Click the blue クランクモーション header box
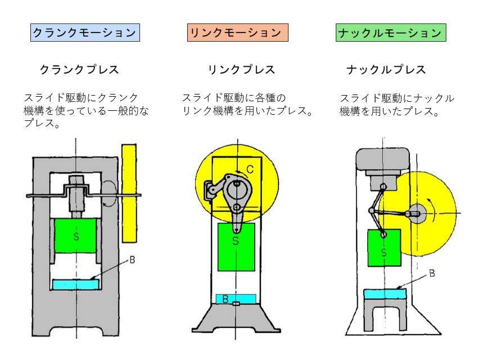point(84,33)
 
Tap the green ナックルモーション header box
point(391,33)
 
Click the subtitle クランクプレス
point(79,70)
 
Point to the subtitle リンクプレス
point(241,70)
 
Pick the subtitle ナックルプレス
point(386,70)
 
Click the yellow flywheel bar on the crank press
point(129,191)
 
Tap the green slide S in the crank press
point(76,236)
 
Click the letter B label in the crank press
point(132,260)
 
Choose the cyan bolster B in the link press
point(236,299)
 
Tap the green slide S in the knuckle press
point(384,247)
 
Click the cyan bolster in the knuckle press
point(386,294)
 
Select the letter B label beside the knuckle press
point(432,273)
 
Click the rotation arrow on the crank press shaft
point(109,194)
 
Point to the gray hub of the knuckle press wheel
point(417,214)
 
